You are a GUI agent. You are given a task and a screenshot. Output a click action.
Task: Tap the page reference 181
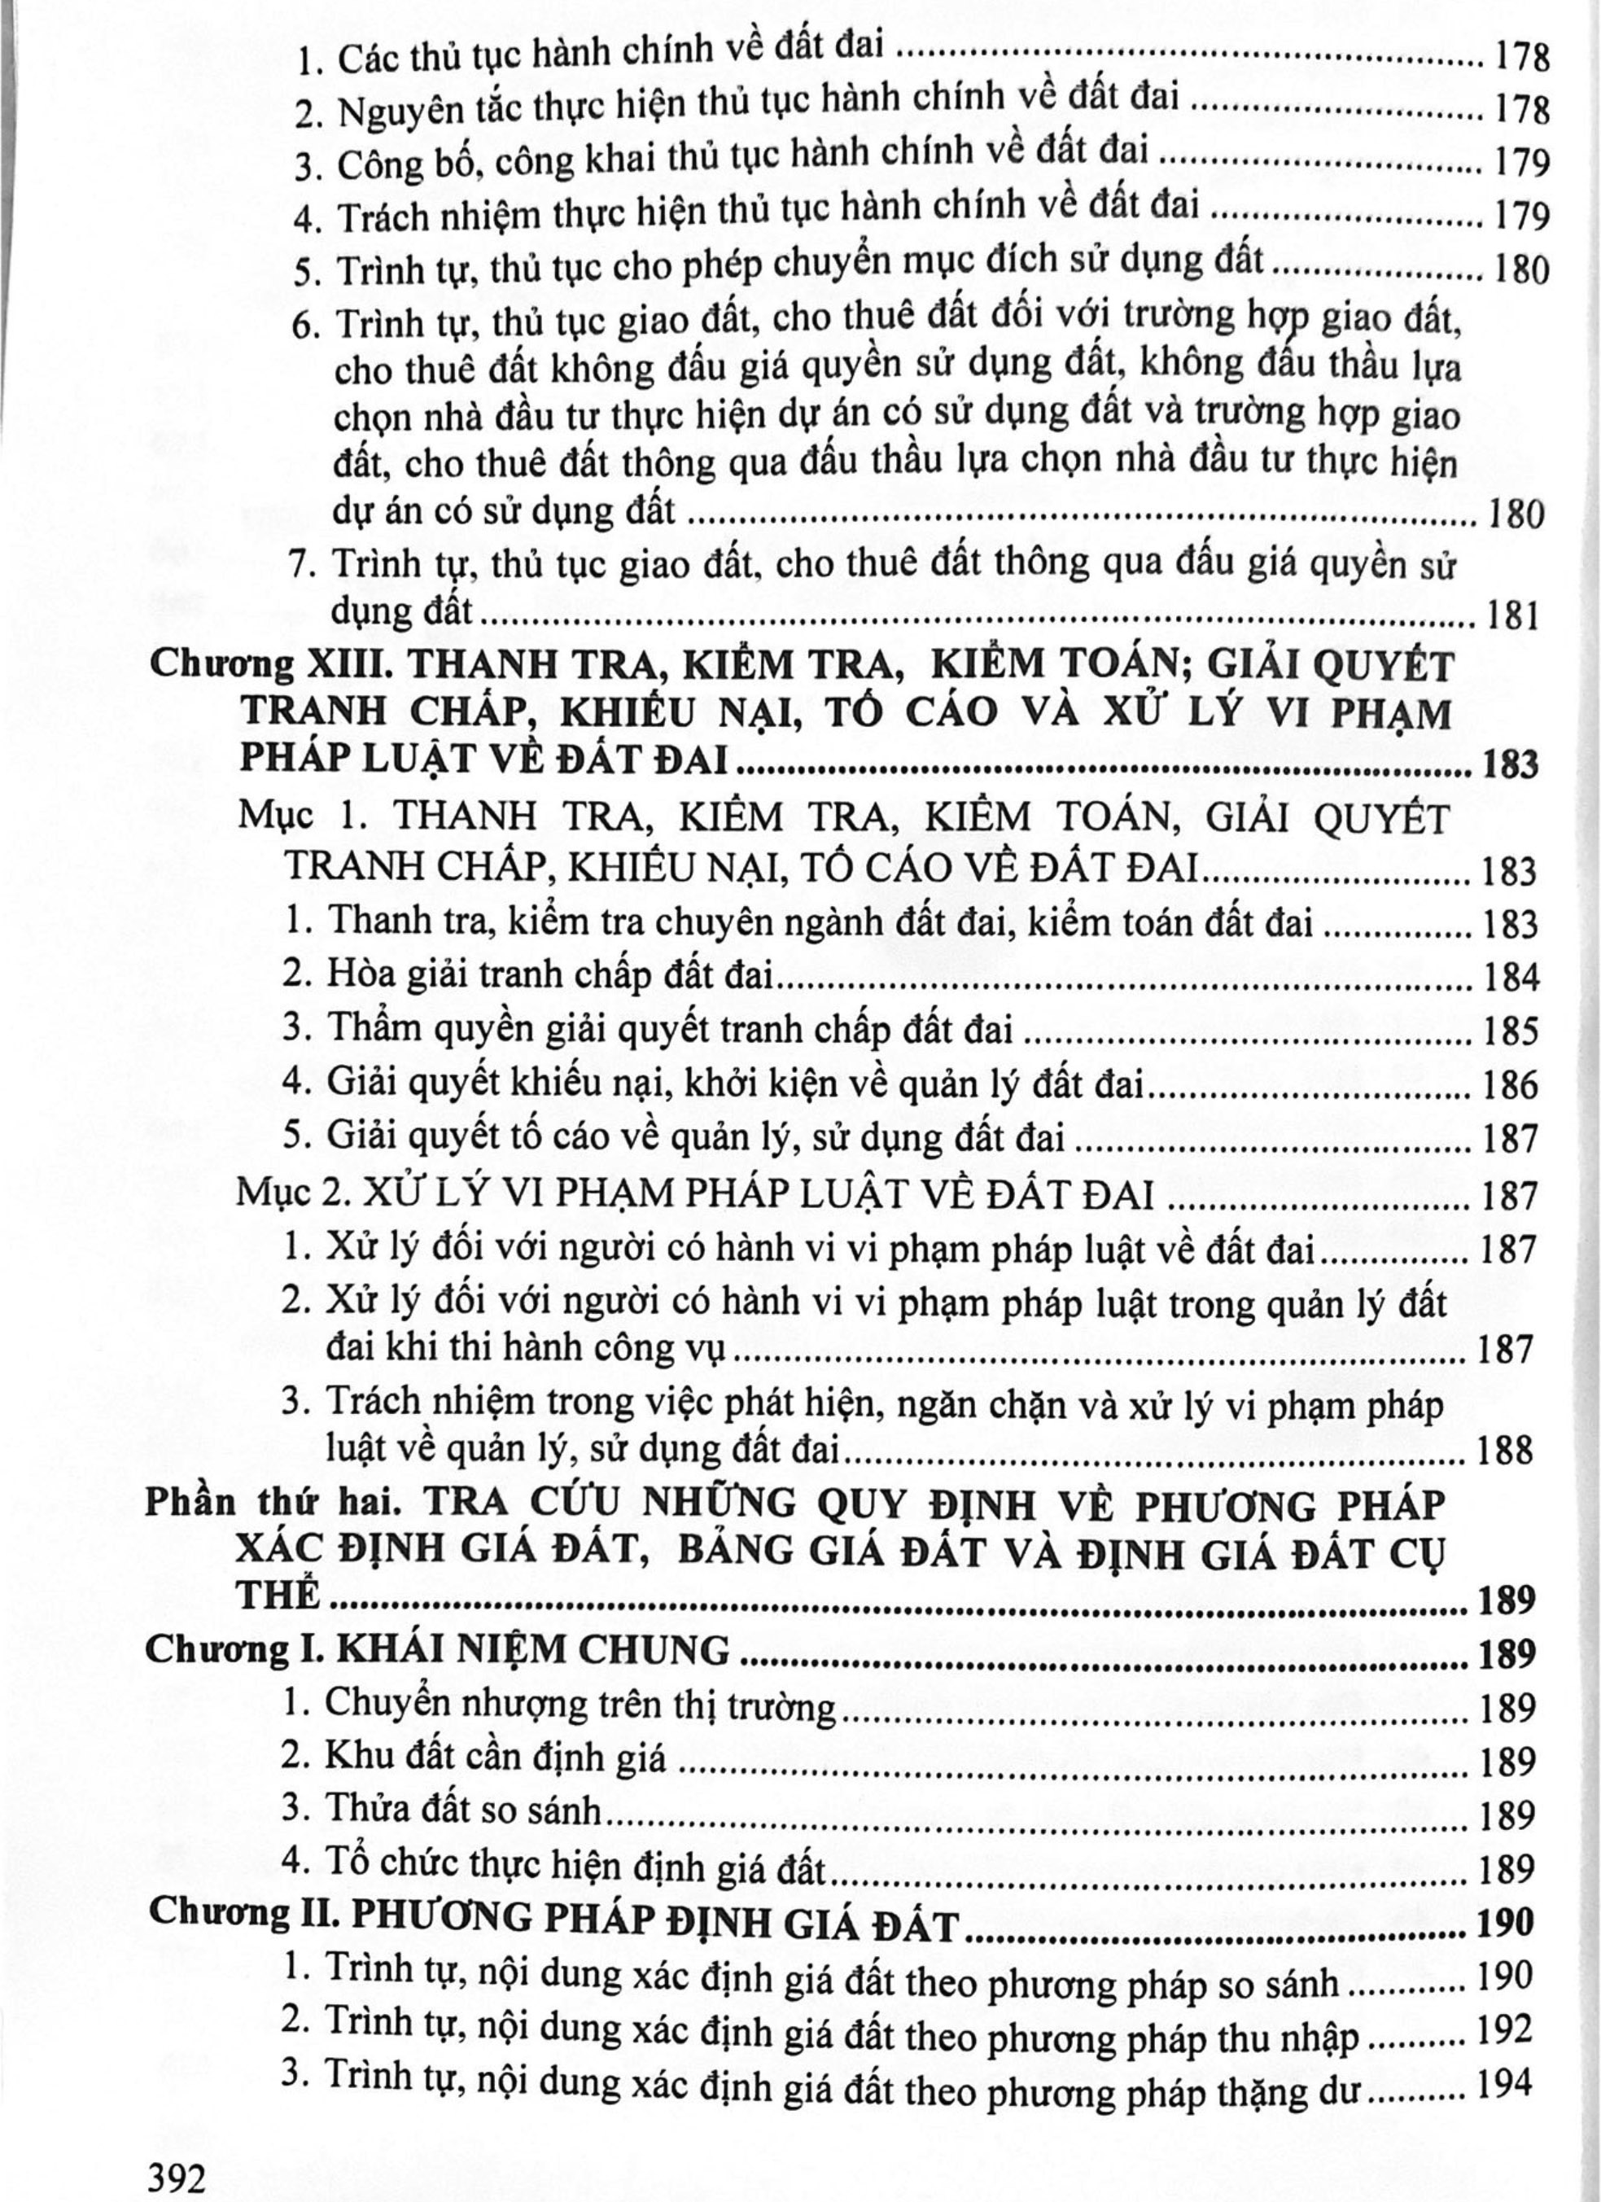click(1511, 615)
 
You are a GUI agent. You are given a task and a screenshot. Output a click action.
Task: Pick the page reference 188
click(1504, 1451)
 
